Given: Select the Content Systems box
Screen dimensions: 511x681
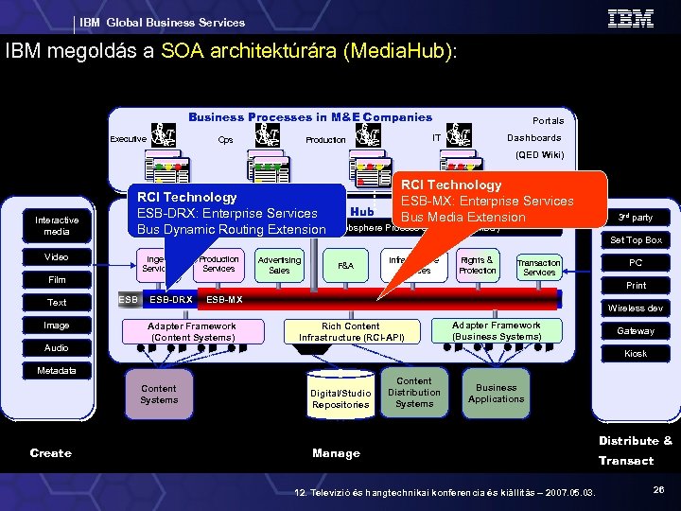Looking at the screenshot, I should click(x=159, y=395).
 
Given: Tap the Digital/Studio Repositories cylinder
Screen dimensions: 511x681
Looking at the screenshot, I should click(x=340, y=398).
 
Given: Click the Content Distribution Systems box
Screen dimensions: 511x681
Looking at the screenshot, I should click(x=414, y=393).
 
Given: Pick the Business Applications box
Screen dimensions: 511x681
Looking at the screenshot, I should click(x=496, y=393).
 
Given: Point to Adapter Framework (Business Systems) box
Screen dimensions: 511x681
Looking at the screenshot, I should click(x=497, y=330).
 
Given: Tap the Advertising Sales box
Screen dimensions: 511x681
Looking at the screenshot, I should click(x=279, y=265).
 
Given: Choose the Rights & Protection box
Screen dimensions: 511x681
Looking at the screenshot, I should click(x=477, y=265).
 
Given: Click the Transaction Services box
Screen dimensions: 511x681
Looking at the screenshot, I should click(x=539, y=267).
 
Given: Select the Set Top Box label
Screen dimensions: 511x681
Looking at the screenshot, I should click(x=636, y=240).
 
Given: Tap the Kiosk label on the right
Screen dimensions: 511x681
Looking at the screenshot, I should click(x=636, y=354).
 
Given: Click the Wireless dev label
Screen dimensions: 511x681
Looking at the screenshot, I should click(x=636, y=308).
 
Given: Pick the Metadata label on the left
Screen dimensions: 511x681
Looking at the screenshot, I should click(x=57, y=370).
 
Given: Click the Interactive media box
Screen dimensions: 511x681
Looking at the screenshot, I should click(x=57, y=225).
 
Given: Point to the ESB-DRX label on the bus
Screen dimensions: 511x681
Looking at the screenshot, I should click(x=171, y=300).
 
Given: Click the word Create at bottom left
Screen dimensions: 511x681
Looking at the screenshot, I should click(x=50, y=453).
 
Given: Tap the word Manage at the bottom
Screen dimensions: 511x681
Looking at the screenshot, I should click(x=336, y=453).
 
